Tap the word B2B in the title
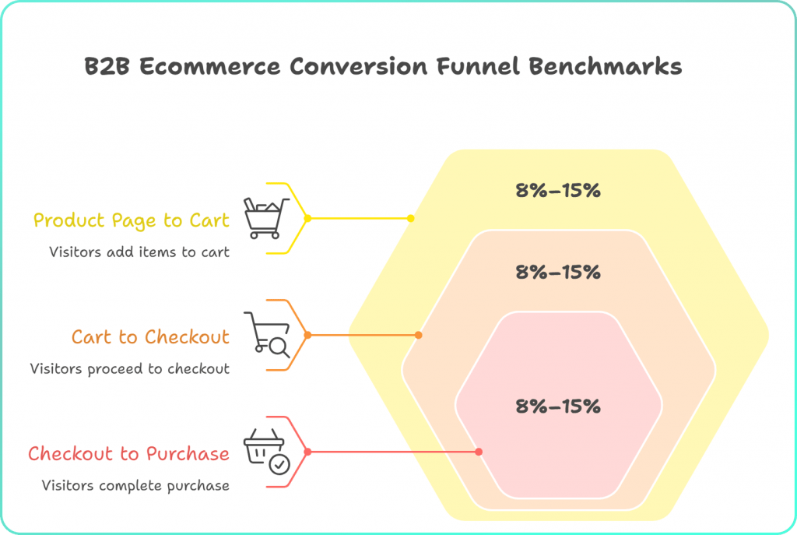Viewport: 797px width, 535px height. [107, 66]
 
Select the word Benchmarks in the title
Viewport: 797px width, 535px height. [606, 66]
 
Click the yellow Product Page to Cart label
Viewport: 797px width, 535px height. [132, 220]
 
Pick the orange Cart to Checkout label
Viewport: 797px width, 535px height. [151, 337]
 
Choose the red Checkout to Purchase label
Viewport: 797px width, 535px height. [129, 454]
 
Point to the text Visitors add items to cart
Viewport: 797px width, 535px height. [139, 252]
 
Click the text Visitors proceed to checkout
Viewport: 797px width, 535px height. [130, 368]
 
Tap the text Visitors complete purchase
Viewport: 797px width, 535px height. [135, 485]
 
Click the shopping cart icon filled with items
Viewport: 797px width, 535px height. [262, 217]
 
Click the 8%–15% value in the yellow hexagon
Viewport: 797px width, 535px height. [558, 190]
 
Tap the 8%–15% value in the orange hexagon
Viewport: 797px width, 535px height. [558, 273]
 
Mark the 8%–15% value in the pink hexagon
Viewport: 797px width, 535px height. [558, 406]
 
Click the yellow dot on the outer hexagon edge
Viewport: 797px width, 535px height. [411, 219]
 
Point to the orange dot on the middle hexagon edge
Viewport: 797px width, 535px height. [418, 336]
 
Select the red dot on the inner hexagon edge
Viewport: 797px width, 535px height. [479, 452]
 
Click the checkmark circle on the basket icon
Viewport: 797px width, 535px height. [278, 464]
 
